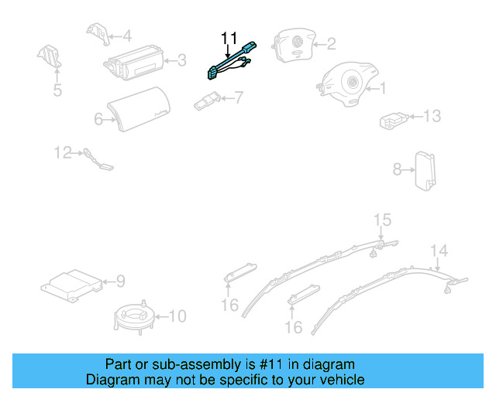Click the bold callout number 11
click(229, 37)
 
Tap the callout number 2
click(330, 44)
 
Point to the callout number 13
click(431, 117)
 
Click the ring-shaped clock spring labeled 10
click(135, 316)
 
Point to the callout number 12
click(63, 152)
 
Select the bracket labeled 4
click(97, 35)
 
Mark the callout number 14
click(439, 250)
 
